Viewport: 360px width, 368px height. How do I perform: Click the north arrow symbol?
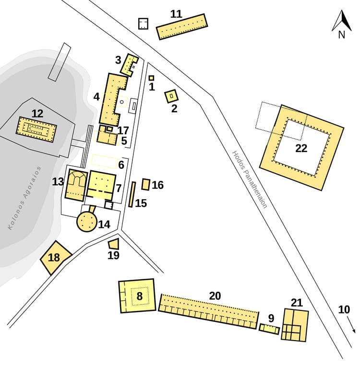tap(342, 22)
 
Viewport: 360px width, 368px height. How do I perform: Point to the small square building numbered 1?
tap(151, 78)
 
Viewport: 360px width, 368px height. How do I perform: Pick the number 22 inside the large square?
tap(301, 148)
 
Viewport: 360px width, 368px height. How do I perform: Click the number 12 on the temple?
tap(37, 114)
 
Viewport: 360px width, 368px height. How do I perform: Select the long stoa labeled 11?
tap(182, 27)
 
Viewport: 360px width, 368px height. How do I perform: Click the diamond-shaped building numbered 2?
tap(171, 96)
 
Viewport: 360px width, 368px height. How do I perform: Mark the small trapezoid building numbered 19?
tap(114, 244)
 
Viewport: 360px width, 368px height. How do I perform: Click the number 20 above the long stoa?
tap(215, 296)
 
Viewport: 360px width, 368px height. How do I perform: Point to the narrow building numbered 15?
tap(132, 194)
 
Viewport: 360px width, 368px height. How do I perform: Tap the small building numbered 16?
tap(146, 184)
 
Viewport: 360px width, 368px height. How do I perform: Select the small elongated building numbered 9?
tap(269, 329)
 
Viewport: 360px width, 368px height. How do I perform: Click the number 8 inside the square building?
tap(139, 296)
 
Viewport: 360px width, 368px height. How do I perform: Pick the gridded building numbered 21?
tap(294, 325)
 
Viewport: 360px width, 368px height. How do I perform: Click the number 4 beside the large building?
tap(96, 96)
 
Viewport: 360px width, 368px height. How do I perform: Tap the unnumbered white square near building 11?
tap(143, 24)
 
